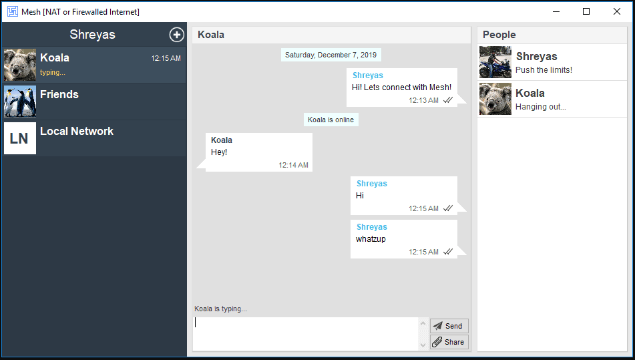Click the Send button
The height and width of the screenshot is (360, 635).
tap(449, 326)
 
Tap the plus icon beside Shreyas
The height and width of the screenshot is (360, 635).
tap(176, 35)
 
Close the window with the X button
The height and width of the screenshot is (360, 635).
tap(617, 11)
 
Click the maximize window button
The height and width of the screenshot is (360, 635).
tap(586, 11)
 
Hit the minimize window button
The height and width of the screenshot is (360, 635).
tap(556, 11)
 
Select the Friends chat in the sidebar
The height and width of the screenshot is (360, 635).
tap(94, 102)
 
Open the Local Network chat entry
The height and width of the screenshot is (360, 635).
tap(94, 138)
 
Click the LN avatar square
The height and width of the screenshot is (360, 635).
tap(20, 138)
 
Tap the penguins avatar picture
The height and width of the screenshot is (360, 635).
tap(20, 102)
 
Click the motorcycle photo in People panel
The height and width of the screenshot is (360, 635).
tap(495, 62)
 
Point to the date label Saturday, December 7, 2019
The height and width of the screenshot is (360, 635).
tap(331, 55)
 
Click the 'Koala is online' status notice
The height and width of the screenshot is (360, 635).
tap(331, 120)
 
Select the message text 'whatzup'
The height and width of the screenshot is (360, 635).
tap(371, 239)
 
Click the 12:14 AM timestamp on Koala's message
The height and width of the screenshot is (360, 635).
tap(293, 165)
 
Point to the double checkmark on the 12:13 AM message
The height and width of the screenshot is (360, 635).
tap(447, 100)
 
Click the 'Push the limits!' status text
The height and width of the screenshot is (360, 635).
tap(544, 70)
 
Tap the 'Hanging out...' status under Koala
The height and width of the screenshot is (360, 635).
tap(541, 107)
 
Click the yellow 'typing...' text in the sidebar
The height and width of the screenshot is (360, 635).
tap(53, 73)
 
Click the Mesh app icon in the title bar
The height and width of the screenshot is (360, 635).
tap(13, 11)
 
